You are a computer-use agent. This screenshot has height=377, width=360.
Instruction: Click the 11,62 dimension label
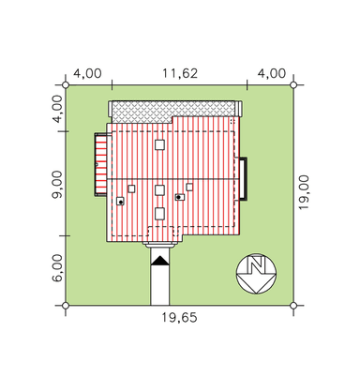tap(180, 73)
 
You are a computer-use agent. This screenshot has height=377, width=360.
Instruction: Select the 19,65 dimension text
tap(179, 318)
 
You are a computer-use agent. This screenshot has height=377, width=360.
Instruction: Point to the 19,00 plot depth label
tap(304, 192)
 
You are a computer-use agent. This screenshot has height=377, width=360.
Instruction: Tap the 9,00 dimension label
tap(57, 185)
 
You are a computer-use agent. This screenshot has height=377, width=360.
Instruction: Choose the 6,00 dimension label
tap(57, 268)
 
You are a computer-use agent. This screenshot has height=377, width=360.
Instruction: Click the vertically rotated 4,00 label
tap(57, 109)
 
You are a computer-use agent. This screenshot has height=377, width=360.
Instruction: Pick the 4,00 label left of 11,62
tap(87, 73)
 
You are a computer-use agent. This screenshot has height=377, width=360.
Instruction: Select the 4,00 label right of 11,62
tap(272, 73)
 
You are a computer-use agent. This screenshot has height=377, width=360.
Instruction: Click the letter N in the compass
tap(256, 265)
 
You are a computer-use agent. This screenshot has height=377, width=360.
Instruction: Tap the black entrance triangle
tap(160, 261)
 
